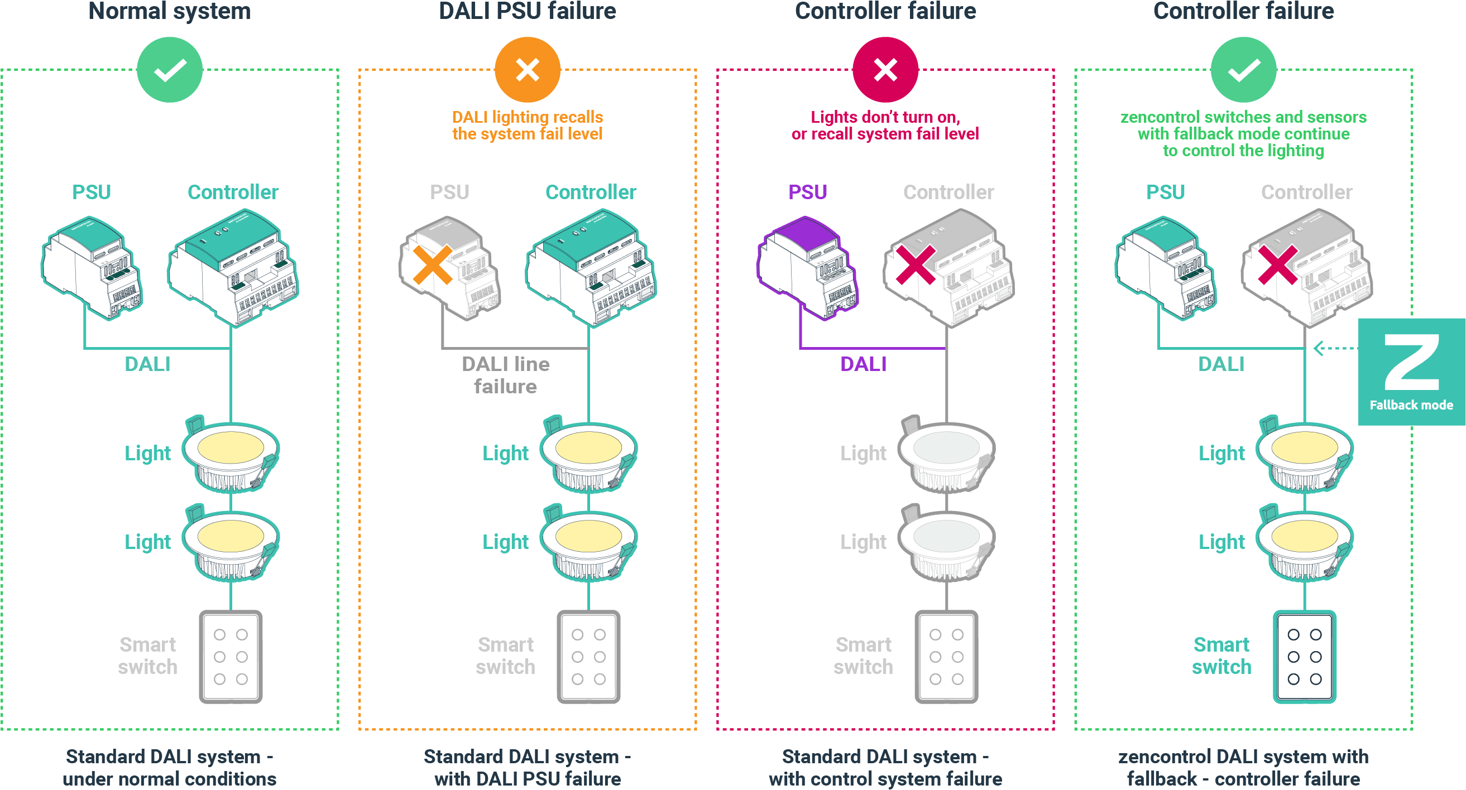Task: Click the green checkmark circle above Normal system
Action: pos(170,70)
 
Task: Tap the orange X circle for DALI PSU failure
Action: pos(527,70)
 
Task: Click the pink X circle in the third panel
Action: pos(885,70)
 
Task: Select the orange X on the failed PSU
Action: pos(433,265)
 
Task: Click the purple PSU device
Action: pos(807,267)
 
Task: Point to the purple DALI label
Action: pos(863,364)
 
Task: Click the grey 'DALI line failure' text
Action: pos(505,375)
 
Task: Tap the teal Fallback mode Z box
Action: pos(1411,372)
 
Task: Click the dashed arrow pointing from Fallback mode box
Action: pos(1335,348)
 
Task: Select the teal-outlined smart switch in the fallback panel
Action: pos(1304,657)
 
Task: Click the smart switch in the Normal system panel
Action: pos(231,657)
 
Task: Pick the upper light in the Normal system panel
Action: pos(231,455)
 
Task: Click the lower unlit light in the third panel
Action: pos(946,544)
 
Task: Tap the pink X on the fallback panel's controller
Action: pos(1278,265)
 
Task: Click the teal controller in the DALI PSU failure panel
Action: pos(590,267)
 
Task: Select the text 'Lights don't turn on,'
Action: pos(885,117)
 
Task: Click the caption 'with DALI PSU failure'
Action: pos(527,778)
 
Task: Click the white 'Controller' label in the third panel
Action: pos(948,192)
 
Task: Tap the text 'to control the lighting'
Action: pos(1243,151)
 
